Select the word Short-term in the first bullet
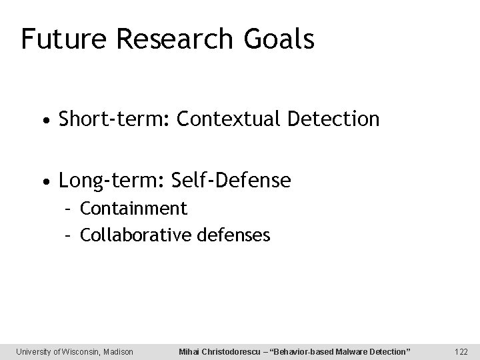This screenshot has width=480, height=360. point(111,120)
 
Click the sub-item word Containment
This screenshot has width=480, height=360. point(133,209)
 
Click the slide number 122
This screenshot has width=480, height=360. point(460,351)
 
